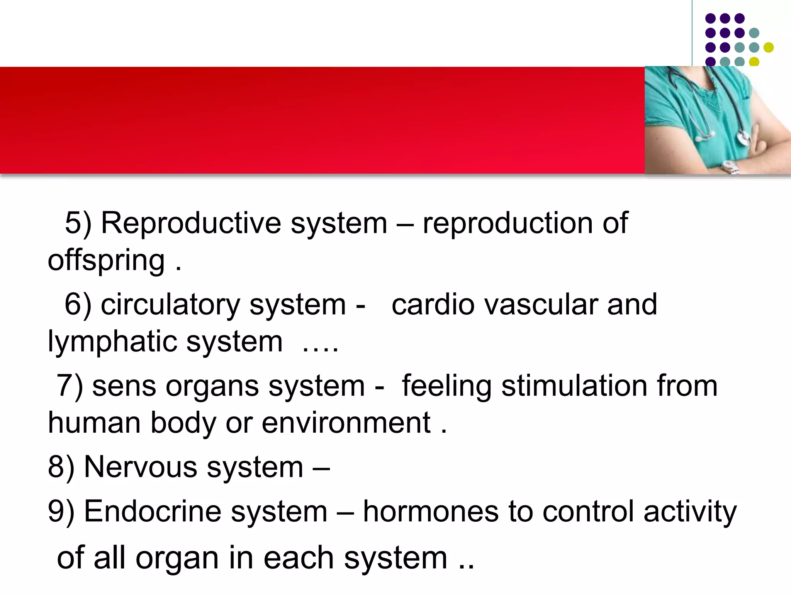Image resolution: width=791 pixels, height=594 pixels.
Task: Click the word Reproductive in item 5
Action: tap(191, 223)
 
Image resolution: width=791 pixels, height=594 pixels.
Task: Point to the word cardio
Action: tap(433, 305)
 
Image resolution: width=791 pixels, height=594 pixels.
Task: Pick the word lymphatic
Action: tap(112, 342)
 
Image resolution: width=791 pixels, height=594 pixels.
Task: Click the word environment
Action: tap(346, 423)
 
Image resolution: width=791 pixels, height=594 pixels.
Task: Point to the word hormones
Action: tap(431, 512)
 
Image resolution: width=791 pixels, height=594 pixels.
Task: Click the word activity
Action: tap(690, 512)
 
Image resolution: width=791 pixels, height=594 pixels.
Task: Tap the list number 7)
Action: tap(70, 386)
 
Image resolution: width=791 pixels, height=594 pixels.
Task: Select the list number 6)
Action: tap(78, 305)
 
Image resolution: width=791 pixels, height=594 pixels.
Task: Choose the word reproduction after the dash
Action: tap(508, 223)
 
